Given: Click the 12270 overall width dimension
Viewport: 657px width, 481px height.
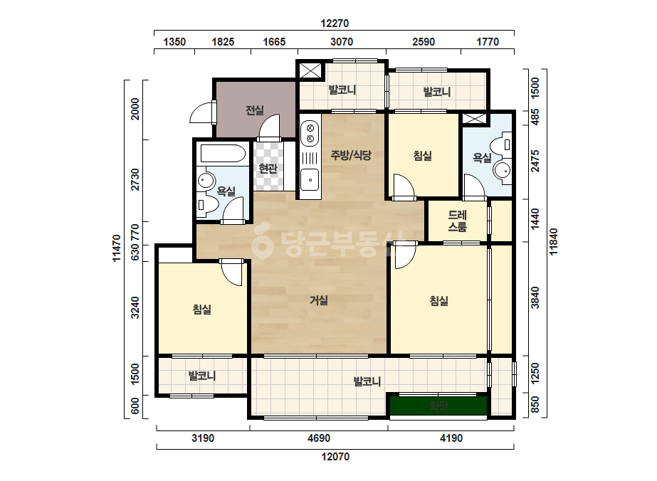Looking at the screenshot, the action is coord(335,23).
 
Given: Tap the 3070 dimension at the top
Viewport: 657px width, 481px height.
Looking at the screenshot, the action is coord(342,42).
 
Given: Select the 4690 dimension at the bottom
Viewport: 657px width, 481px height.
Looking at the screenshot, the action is coord(319,438).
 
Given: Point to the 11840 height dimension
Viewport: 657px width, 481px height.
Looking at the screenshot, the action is coord(554,242).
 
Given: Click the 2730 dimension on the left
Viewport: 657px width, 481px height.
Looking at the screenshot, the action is coord(135,179).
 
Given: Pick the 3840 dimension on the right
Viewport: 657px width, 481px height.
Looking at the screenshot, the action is coord(535,297).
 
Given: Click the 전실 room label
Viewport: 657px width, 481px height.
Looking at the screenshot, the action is coord(254,110).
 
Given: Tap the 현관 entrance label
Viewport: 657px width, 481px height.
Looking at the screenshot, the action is coord(268,169).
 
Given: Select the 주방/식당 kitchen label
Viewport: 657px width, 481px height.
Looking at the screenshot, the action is coord(351,155).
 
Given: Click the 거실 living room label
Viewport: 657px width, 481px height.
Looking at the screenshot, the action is coord(319,300).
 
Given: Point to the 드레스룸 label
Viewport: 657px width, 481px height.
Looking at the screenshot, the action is coord(458,221).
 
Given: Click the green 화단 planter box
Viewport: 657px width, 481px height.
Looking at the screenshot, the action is coord(438,406).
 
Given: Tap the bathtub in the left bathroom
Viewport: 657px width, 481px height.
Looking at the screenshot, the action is coord(223,154).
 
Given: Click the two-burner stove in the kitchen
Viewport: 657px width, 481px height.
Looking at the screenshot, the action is coord(310,133).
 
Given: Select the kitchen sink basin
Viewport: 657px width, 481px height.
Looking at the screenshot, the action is coord(310,180).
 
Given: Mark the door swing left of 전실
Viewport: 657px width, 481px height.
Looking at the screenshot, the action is coord(203,112).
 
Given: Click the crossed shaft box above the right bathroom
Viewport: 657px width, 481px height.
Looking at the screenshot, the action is coord(474,118).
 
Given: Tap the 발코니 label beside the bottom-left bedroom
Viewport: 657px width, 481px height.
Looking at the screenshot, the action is coord(202,376).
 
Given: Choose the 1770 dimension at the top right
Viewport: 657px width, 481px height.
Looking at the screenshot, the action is coord(488,42).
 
